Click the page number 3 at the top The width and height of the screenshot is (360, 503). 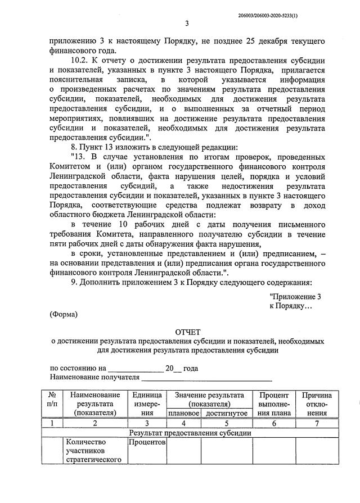[x=187, y=24]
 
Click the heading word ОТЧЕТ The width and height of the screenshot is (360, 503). [x=187, y=331]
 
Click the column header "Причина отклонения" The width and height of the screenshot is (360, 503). [x=317, y=404]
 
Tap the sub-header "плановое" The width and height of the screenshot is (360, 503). [x=184, y=414]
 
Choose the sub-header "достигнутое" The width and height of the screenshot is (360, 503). [x=226, y=414]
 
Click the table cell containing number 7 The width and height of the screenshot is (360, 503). [x=317, y=424]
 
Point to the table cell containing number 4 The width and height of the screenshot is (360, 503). [x=184, y=424]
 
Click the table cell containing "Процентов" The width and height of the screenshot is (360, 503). [x=147, y=442]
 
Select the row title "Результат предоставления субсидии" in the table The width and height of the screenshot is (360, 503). [x=190, y=433]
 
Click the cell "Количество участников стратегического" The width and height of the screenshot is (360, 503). [x=94, y=451]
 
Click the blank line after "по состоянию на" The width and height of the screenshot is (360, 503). [x=134, y=369]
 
